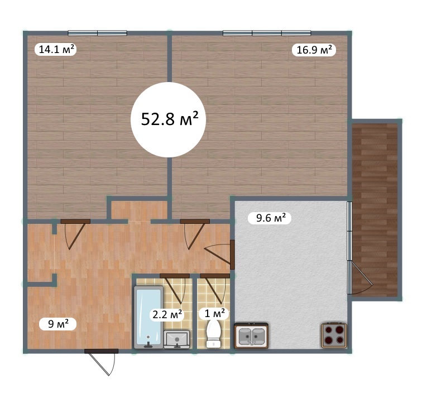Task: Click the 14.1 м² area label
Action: point(56,50)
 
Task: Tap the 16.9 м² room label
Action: point(314,50)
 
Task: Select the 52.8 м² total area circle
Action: point(169,119)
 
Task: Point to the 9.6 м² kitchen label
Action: point(270,218)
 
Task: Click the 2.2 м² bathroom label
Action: point(167,315)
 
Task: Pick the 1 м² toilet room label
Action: point(214,313)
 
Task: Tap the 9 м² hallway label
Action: point(57,324)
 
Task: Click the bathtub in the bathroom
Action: point(148,318)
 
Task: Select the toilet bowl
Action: point(213,333)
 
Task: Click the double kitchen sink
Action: point(251,335)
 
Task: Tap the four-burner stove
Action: point(334,335)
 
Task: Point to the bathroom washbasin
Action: point(177,339)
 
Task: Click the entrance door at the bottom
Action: point(101,362)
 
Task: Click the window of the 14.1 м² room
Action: point(98,33)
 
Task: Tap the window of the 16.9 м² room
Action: point(267,33)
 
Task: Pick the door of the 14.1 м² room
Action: point(75,234)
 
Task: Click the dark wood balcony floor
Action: point(375,210)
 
